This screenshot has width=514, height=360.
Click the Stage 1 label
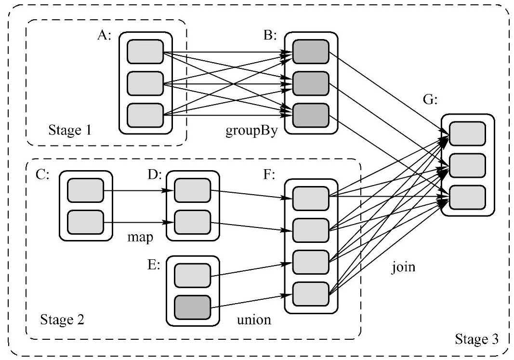coord(71,130)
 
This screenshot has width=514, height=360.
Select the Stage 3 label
coord(477,340)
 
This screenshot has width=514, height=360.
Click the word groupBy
coord(252,132)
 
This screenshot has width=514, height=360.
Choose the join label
coord(403,267)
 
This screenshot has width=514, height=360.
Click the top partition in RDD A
coord(145,52)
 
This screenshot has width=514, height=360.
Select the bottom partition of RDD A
coord(145,115)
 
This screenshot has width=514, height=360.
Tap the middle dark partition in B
coord(311,83)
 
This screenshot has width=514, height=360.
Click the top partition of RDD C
coord(85,190)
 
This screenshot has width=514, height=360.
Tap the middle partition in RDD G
coord(467,165)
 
